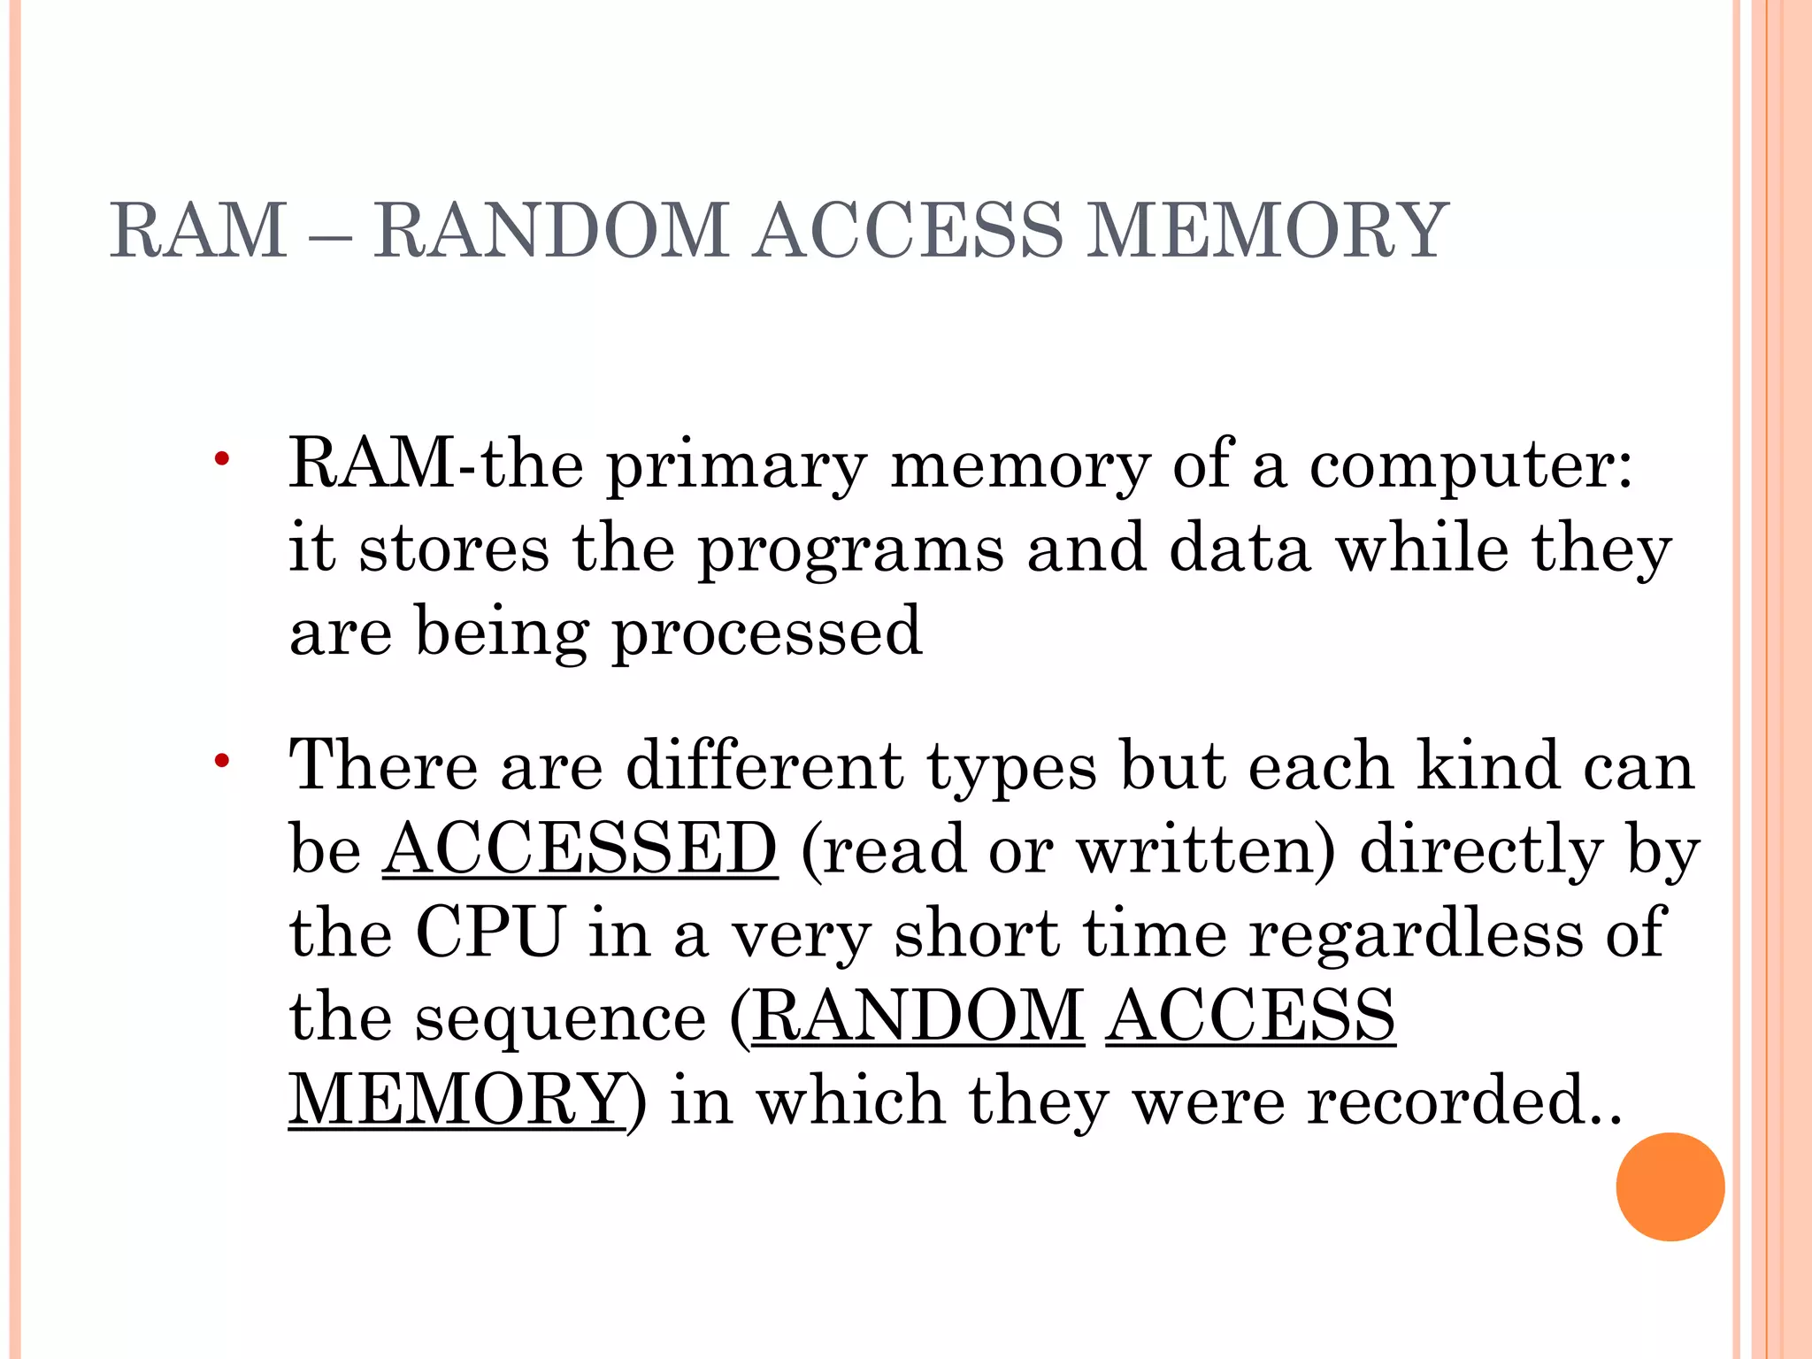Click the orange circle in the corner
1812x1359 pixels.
click(x=1670, y=1186)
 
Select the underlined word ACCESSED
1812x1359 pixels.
click(x=580, y=848)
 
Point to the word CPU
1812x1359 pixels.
click(x=490, y=933)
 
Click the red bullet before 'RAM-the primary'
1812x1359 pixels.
click(x=221, y=459)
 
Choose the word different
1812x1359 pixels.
click(x=764, y=765)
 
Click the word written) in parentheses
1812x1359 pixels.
click(x=1206, y=850)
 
